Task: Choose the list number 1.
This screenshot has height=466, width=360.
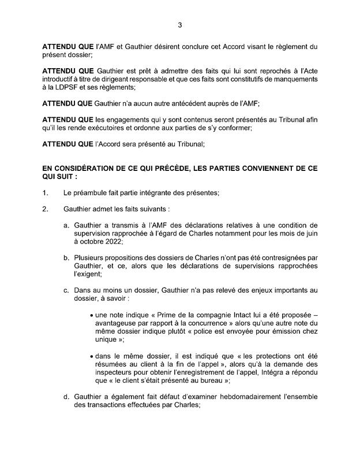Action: tap(46, 192)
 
